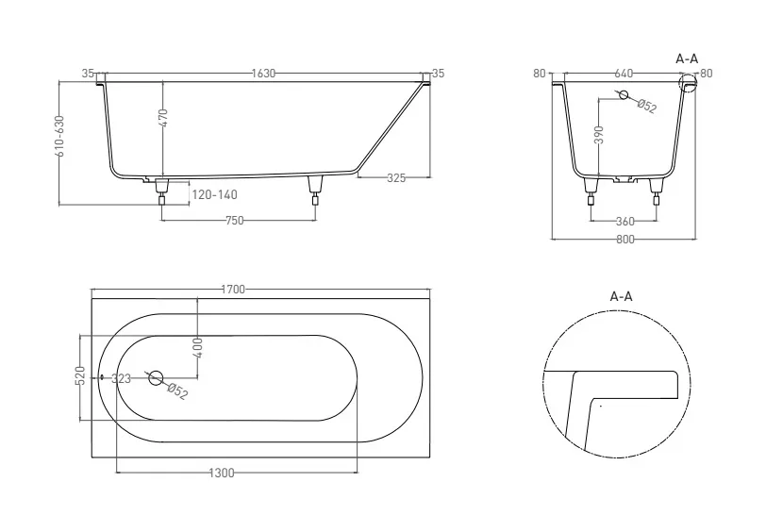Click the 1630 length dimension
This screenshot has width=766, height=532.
(263, 74)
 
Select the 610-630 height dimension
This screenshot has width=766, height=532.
(59, 136)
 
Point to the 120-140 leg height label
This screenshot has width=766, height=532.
(214, 195)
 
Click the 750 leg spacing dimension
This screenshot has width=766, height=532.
(235, 221)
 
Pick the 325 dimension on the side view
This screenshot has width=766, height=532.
(396, 178)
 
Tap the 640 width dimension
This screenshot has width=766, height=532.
(624, 74)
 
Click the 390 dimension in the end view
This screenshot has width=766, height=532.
(599, 135)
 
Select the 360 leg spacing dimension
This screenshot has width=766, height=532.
(624, 222)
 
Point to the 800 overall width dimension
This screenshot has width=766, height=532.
(624, 240)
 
